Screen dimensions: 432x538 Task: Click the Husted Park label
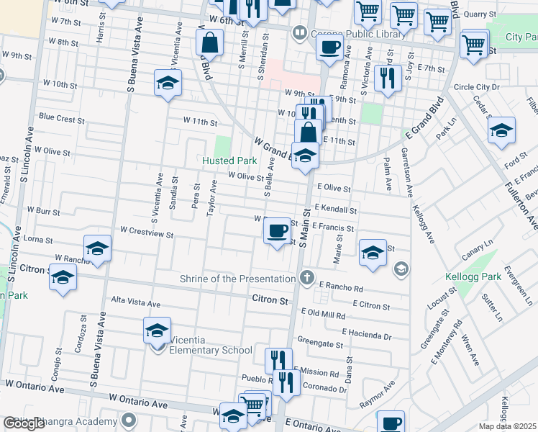click(x=229, y=161)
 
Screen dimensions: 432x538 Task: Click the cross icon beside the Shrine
click(x=307, y=278)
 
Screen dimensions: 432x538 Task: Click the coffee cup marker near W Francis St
click(x=277, y=232)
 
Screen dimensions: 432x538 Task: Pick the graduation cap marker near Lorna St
click(x=97, y=249)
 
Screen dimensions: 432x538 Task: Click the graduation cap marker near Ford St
click(x=501, y=131)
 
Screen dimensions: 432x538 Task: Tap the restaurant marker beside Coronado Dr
click(x=286, y=383)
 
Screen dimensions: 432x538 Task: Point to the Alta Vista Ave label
click(x=135, y=303)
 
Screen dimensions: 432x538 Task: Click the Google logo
click(x=24, y=423)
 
